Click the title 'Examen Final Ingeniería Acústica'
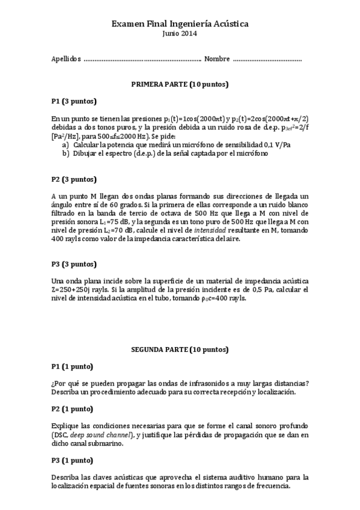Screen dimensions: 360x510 (180, 23)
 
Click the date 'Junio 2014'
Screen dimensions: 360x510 (180, 33)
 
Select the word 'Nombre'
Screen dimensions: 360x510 (217, 59)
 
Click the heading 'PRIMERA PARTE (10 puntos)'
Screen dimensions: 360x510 (180, 84)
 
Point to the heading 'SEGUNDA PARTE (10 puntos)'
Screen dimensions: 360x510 (180, 349)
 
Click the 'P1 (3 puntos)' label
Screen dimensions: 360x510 (74, 101)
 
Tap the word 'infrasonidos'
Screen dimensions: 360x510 (198, 383)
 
